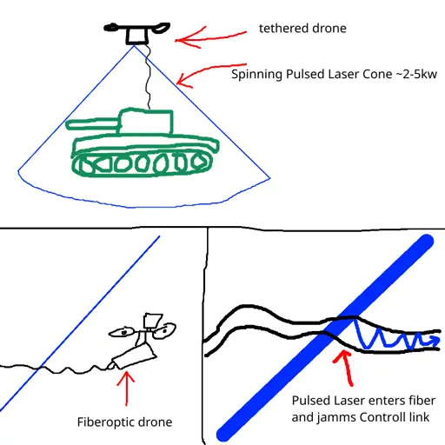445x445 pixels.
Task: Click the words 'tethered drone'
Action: coord(302,29)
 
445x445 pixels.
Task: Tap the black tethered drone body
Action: coord(137,36)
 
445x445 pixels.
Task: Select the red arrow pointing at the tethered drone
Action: coord(210,37)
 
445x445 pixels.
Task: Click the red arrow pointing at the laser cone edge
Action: coord(211,73)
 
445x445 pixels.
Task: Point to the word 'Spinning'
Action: coord(256,75)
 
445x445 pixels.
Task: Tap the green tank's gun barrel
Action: coord(93,124)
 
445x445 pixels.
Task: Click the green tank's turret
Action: coord(146,122)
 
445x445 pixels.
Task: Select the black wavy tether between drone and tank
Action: coord(148,76)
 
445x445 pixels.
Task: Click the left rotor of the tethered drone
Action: coord(111,28)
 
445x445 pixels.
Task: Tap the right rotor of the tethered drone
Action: coord(162,27)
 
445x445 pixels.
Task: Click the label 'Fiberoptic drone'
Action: coord(124,422)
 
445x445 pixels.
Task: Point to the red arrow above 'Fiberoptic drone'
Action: coord(126,389)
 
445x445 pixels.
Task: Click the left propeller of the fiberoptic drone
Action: coord(122,333)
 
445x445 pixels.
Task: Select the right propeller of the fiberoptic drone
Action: coord(164,331)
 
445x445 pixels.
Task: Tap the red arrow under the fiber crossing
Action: coord(345,369)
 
